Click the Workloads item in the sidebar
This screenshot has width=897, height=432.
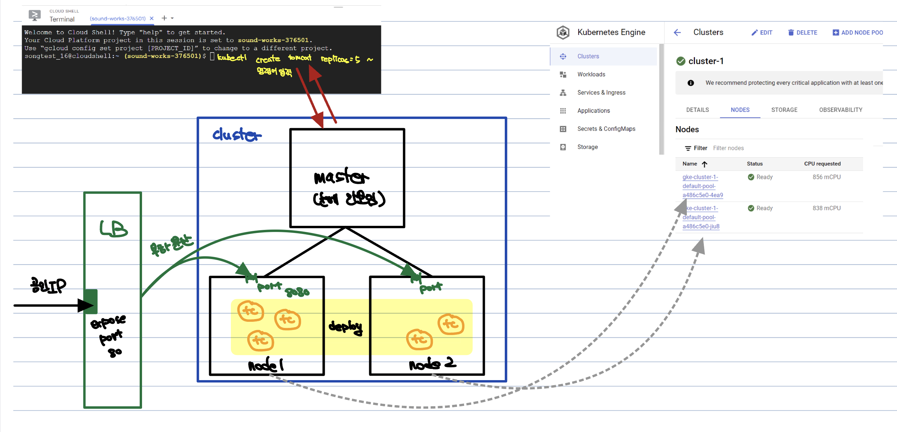click(591, 75)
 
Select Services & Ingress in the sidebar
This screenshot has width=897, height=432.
click(601, 93)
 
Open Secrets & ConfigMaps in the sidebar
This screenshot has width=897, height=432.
click(606, 129)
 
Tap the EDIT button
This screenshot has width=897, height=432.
click(762, 33)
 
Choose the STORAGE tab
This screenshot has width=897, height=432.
click(784, 110)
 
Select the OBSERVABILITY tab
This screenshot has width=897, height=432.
click(840, 110)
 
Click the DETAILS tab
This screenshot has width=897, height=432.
click(697, 110)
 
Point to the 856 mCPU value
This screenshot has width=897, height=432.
click(826, 177)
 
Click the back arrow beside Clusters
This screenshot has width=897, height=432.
click(677, 33)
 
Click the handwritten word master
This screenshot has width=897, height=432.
click(341, 177)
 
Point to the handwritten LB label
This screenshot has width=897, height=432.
click(113, 229)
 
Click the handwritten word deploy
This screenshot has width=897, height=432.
click(345, 327)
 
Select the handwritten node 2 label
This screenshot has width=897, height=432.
click(432, 364)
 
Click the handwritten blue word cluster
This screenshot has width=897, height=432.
click(236, 135)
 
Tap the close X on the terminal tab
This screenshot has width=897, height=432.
click(152, 18)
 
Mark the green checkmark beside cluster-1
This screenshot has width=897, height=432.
click(680, 61)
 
